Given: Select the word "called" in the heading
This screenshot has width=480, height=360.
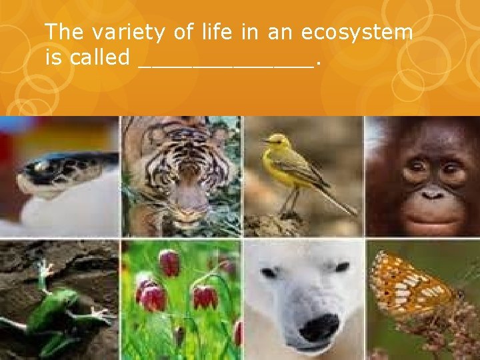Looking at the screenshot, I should [x=99, y=57].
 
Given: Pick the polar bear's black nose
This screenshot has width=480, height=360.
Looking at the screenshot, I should [x=319, y=326].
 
